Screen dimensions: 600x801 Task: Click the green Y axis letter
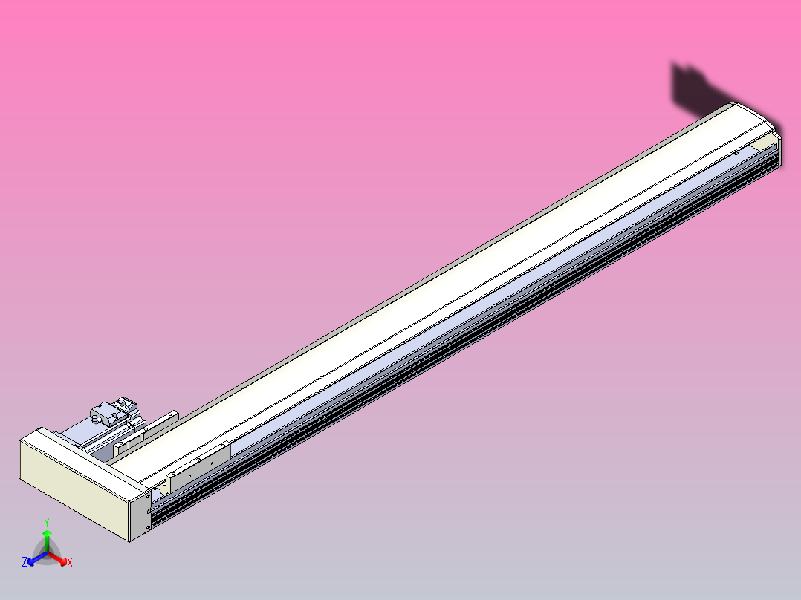[x=47, y=522]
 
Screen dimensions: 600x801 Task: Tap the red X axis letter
[x=69, y=563]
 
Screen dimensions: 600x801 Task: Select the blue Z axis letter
[x=25, y=563]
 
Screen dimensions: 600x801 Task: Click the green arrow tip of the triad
[x=47, y=533]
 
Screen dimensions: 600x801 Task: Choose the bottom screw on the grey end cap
[x=148, y=526]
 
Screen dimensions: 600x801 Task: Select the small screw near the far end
[x=736, y=153]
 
